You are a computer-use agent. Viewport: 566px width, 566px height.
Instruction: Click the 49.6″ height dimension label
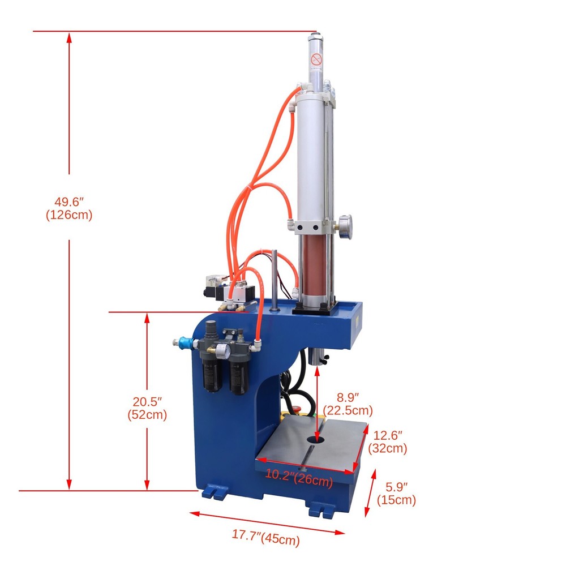pyautogui.click(x=69, y=201)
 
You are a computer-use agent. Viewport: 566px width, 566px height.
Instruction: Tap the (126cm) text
pyautogui.click(x=69, y=215)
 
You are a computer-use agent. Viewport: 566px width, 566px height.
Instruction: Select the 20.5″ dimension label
pyautogui.click(x=147, y=401)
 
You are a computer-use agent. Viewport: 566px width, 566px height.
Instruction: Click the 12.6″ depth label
pyautogui.click(x=388, y=435)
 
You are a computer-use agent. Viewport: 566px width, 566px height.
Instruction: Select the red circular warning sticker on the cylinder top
pyautogui.click(x=316, y=58)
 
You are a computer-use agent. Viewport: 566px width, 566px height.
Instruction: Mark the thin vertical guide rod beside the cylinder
pyautogui.click(x=274, y=280)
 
